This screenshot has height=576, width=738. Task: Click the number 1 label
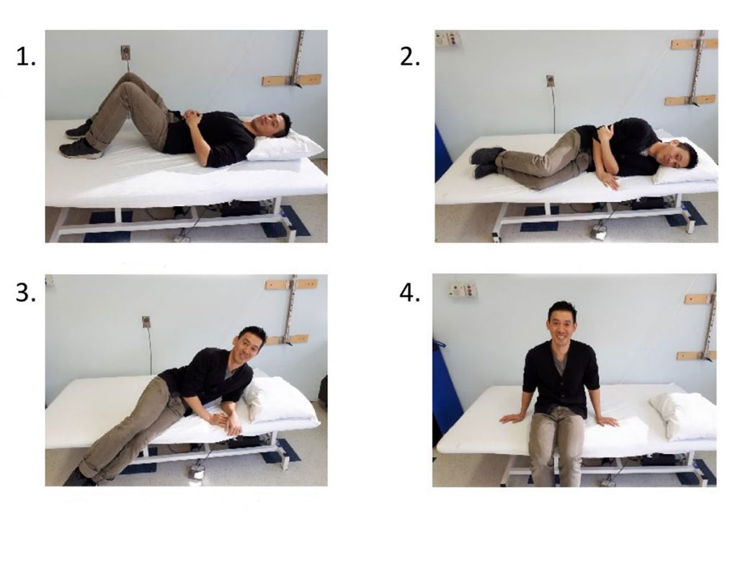[25, 58]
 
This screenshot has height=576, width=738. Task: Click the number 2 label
[409, 58]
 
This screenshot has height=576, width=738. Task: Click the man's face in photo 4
[562, 324]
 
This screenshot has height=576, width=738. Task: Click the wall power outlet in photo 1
[125, 52]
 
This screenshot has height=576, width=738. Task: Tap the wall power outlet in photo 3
[146, 322]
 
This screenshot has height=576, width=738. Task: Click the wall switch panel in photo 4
[463, 290]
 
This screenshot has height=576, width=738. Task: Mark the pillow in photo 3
[280, 399]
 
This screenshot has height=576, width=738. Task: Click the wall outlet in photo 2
[550, 81]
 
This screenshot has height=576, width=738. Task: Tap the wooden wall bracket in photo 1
[292, 79]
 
